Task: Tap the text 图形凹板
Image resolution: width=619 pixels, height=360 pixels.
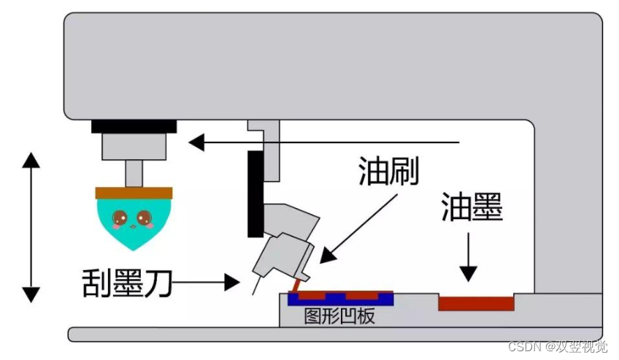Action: (339, 316)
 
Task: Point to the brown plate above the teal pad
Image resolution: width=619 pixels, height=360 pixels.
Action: (134, 193)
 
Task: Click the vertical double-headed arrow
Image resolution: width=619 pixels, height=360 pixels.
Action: (31, 226)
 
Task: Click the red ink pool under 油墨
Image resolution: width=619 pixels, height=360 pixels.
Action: (475, 302)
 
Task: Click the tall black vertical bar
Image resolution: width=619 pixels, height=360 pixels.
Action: (255, 194)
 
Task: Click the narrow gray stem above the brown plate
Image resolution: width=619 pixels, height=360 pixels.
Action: (134, 173)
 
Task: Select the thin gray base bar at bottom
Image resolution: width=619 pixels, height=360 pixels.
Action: (336, 334)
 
